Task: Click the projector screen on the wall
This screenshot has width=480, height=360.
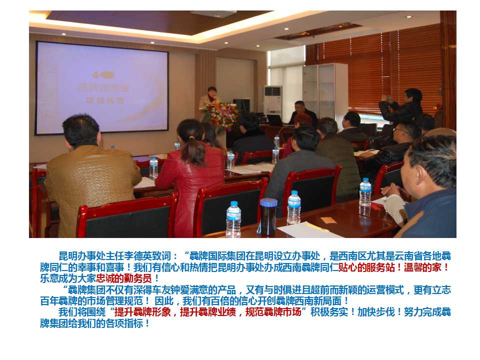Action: click(101, 88)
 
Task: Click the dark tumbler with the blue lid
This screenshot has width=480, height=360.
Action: click(268, 217)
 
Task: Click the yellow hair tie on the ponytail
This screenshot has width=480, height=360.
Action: click(192, 138)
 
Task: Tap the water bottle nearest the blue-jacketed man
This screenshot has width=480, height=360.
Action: click(365, 192)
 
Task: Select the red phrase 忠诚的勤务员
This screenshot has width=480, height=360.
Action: click(124, 278)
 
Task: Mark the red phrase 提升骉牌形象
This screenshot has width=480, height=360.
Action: click(142, 312)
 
